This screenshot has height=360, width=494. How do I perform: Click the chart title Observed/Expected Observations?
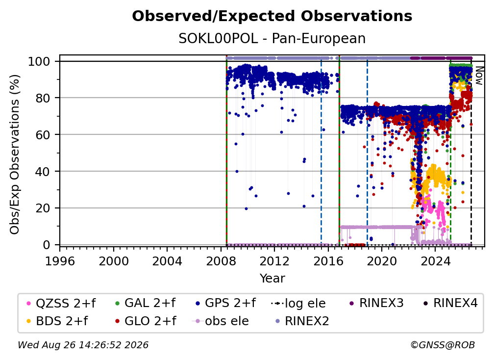pos(272,16)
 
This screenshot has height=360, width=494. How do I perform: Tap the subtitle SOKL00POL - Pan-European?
pos(272,39)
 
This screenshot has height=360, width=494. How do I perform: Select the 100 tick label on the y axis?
pos(39,61)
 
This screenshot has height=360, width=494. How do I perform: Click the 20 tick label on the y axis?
pos(43,208)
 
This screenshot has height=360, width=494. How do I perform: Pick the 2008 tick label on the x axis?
pos(221,261)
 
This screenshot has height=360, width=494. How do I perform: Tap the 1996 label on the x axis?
pos(60,261)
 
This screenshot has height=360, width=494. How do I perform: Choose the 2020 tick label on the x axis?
pos(381,261)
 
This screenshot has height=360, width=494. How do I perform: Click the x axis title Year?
pos(272,279)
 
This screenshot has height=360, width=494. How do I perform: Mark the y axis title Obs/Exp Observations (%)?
pos(15,154)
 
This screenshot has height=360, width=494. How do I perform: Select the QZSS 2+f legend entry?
pos(61,303)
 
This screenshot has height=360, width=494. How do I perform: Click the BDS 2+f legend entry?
pos(57,321)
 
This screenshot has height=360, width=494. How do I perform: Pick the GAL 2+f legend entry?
pos(145,303)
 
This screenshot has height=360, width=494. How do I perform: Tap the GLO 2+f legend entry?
pos(145,321)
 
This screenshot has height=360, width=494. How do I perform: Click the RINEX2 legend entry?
pos(302,321)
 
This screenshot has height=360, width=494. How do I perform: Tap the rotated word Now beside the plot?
pos(479,76)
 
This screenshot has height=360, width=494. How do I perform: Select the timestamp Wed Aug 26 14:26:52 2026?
pos(83,345)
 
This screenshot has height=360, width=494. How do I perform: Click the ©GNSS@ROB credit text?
pos(443,345)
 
